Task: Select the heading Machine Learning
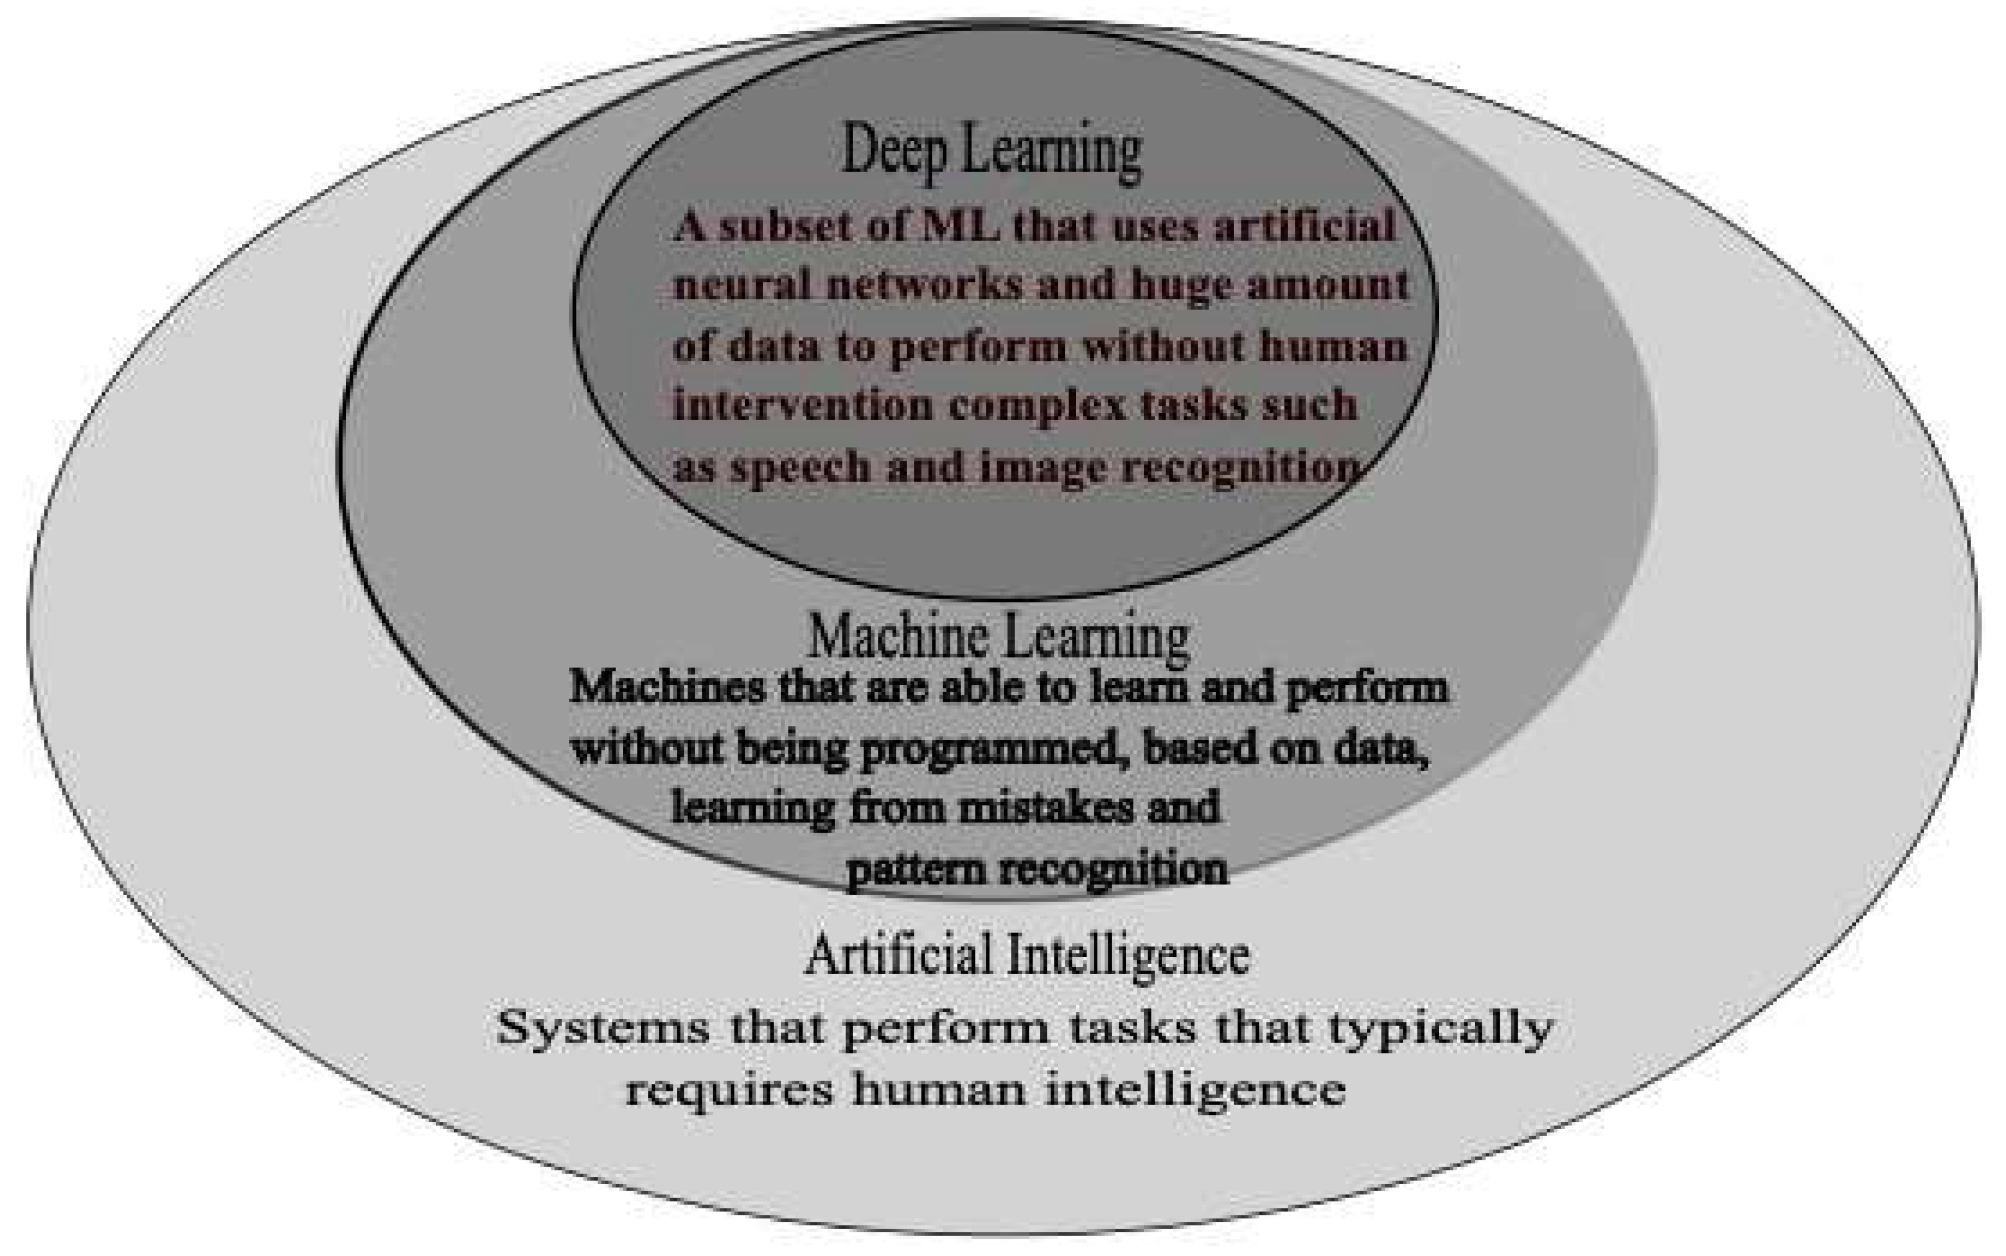click(999, 638)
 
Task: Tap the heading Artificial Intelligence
click(1026, 955)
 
